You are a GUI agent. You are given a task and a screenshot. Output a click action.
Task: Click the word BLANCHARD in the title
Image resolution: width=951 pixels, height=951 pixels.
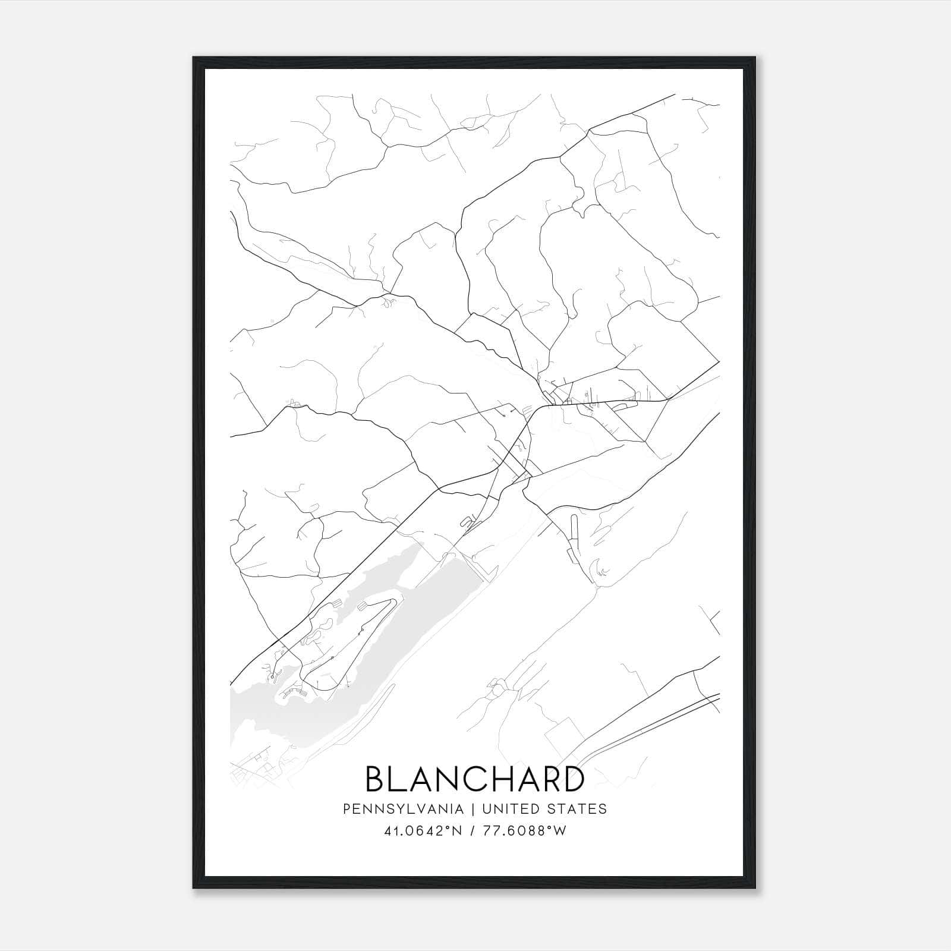(x=474, y=779)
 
